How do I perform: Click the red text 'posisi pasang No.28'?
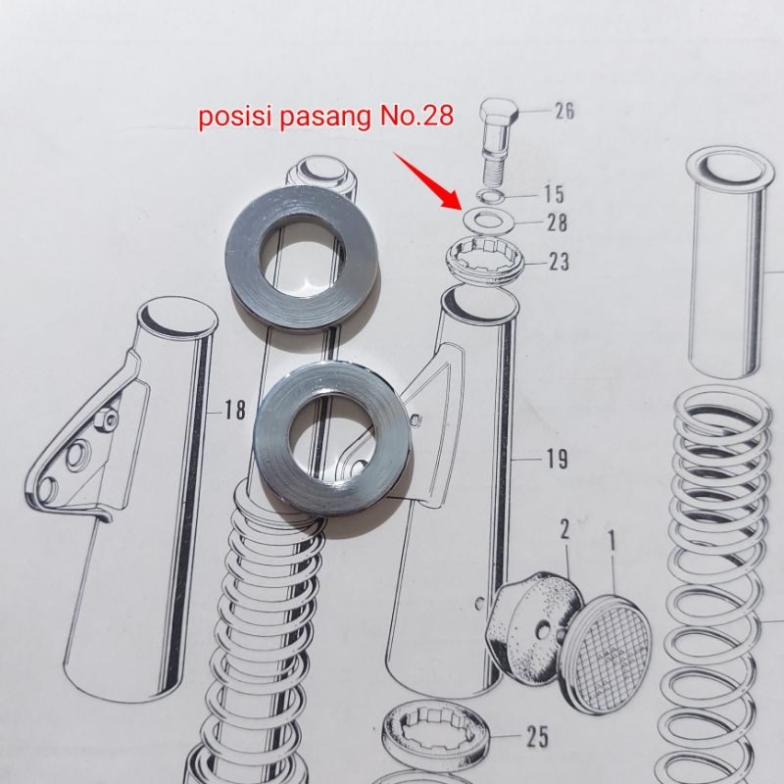click(x=326, y=119)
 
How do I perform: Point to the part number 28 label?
click(x=556, y=223)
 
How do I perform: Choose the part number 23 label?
click(x=558, y=262)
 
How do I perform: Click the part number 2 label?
click(x=564, y=531)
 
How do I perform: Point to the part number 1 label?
click(x=611, y=538)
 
